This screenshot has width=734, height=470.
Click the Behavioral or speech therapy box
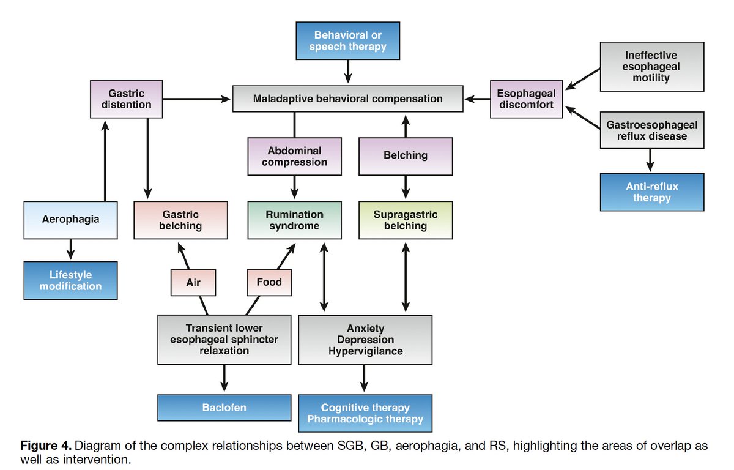pos(347,41)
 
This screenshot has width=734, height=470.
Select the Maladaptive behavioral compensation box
pos(347,99)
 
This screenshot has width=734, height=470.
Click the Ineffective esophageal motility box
pos(651,67)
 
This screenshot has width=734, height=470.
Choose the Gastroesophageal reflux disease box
pos(651,130)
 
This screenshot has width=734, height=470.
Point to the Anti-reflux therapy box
pos(651,192)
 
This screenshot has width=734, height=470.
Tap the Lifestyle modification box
pos(71,280)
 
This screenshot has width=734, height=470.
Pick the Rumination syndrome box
pos(294,220)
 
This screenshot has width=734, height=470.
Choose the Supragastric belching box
pos(406,220)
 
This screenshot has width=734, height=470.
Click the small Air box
pos(193,283)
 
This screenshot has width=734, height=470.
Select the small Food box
pos(269,282)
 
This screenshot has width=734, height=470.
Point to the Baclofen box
pos(224,408)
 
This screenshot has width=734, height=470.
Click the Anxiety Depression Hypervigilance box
pos(365,340)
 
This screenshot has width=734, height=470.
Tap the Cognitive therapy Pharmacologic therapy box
pos(365,413)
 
